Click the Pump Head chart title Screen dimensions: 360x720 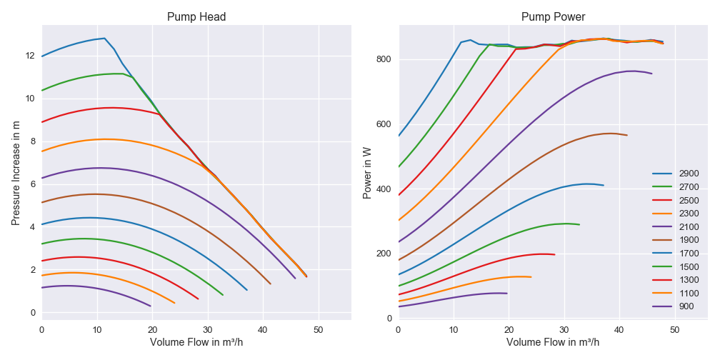pos(196,16)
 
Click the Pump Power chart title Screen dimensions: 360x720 pos(553,16)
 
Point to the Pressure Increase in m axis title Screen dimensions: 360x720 pos(16,174)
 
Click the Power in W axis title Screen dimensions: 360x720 pos(367,174)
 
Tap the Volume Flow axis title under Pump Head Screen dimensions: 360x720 pos(196,342)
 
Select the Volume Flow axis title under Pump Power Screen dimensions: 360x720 pos(553,342)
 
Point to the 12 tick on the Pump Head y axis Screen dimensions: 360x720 pos(30,56)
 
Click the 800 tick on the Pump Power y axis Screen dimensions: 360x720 pos(384,59)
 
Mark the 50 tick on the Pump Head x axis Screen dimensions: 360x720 pos(318,329)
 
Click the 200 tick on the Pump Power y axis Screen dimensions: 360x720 pos(384,254)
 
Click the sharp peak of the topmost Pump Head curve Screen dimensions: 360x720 pos(104,39)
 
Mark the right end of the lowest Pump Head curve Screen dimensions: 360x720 pos(151,306)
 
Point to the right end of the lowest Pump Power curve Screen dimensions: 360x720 pos(507,294)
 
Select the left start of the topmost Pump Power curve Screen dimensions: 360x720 pos(399,136)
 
